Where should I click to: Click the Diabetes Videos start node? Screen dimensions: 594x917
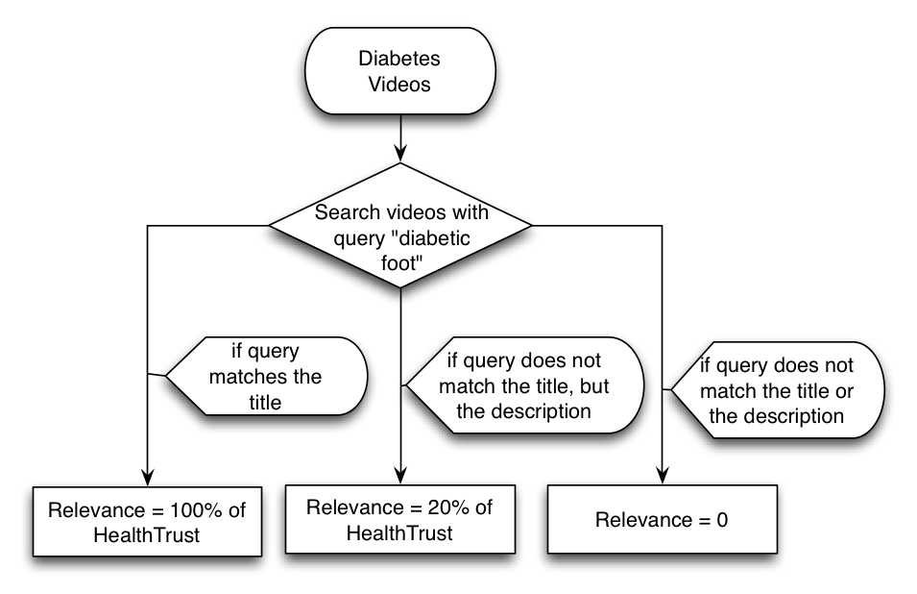[399, 71]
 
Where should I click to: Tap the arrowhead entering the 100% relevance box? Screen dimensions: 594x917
[147, 478]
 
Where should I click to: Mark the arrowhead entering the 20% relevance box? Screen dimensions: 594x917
[399, 478]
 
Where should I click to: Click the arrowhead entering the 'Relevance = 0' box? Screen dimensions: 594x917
[663, 478]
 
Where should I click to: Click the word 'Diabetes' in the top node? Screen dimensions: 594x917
[399, 59]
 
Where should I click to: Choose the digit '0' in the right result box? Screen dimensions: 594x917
[723, 521]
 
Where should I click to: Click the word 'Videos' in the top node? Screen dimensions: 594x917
[399, 84]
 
